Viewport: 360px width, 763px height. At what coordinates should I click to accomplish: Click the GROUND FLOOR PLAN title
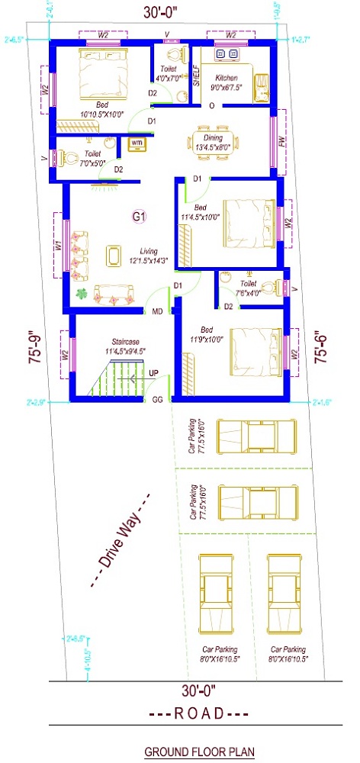[x=199, y=751]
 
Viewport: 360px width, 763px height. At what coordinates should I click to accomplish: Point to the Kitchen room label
[x=227, y=79]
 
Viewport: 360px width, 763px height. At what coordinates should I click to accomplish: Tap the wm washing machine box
[x=137, y=143]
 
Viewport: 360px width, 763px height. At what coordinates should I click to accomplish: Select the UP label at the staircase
[x=153, y=373]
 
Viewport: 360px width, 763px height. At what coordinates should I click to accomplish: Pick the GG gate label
[x=157, y=399]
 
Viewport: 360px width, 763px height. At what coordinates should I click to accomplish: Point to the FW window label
[x=281, y=142]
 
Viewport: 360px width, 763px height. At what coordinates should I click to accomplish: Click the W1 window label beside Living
[x=59, y=246]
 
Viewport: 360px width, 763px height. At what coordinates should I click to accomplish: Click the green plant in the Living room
[x=79, y=294]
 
